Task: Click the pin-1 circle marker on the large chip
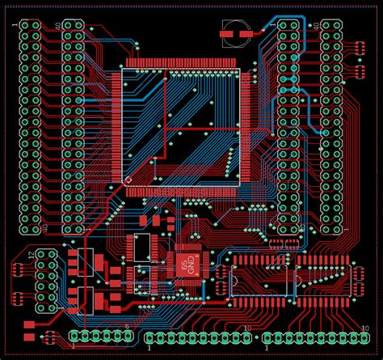(x=128, y=180)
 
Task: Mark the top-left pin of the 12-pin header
(x=39, y=256)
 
